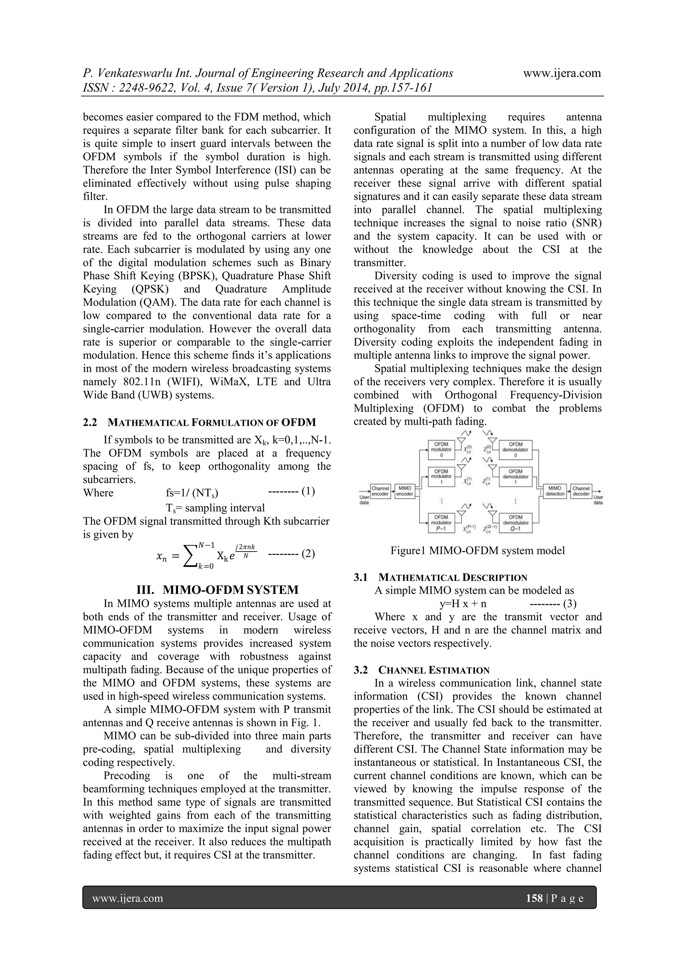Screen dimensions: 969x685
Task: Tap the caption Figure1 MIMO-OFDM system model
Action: pos(477,550)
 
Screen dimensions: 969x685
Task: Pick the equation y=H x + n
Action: pos(463,603)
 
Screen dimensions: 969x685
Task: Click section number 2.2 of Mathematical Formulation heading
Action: pos(90,422)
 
